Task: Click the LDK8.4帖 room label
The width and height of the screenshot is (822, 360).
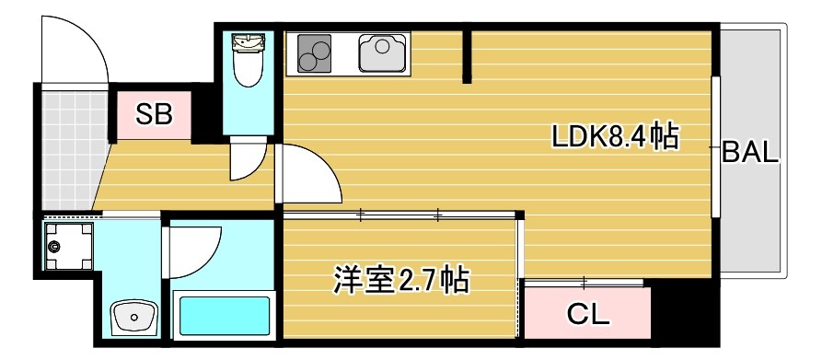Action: [x=614, y=137]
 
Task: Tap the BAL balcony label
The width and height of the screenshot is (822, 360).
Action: [x=749, y=153]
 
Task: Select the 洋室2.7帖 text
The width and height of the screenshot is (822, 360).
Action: [x=400, y=278]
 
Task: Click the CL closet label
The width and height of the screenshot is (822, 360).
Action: [x=587, y=315]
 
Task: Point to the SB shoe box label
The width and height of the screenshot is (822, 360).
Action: [x=153, y=114]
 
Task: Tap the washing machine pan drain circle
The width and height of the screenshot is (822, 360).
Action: [x=54, y=246]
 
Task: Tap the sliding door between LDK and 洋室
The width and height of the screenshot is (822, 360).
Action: [x=400, y=215]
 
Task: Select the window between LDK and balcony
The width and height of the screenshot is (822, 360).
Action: [x=715, y=147]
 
